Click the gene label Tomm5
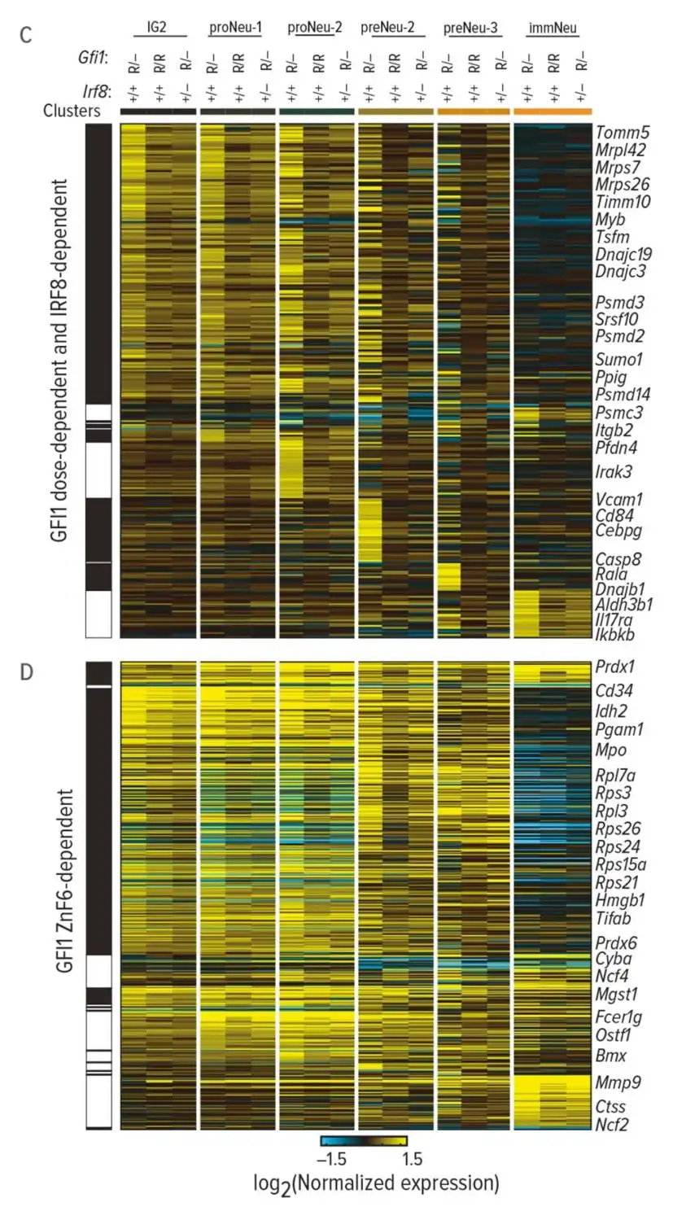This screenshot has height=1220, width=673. pos(622,133)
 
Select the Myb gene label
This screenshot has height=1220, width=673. pos(611,220)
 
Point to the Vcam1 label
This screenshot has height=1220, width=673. pos(619,499)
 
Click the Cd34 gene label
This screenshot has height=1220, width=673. pos(615,691)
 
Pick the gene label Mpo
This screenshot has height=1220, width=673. pos(611,750)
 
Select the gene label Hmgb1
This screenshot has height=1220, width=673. pos(620,900)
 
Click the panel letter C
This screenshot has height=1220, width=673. pos(27,36)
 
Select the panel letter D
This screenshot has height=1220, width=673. pos(27,674)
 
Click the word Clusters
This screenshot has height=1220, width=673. pos(72,111)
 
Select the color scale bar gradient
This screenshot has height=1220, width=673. pos(364,1141)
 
